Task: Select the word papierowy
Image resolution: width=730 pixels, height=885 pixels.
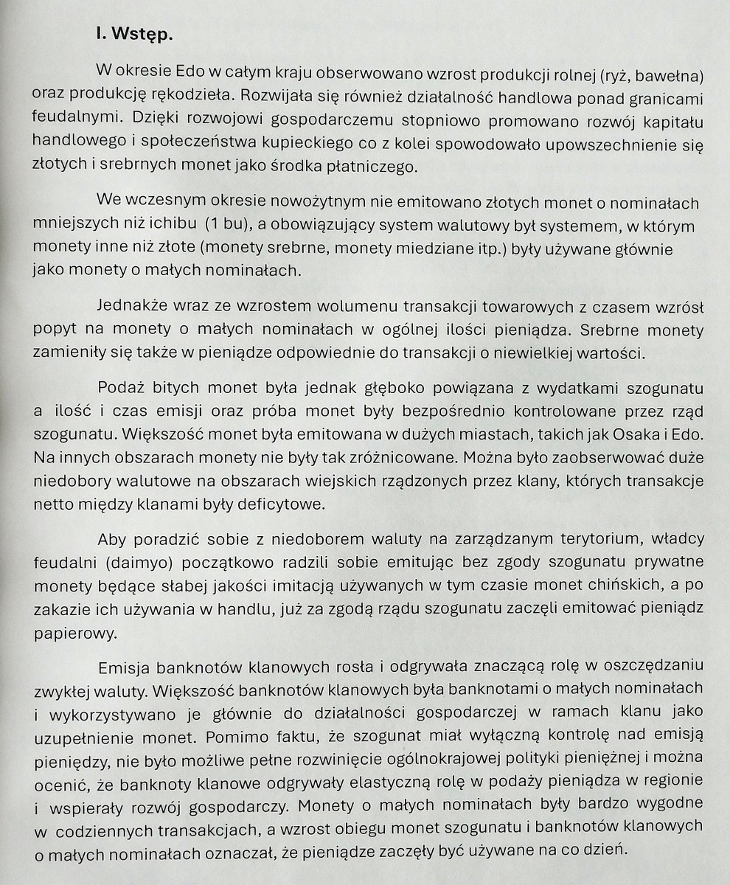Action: (68, 633)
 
